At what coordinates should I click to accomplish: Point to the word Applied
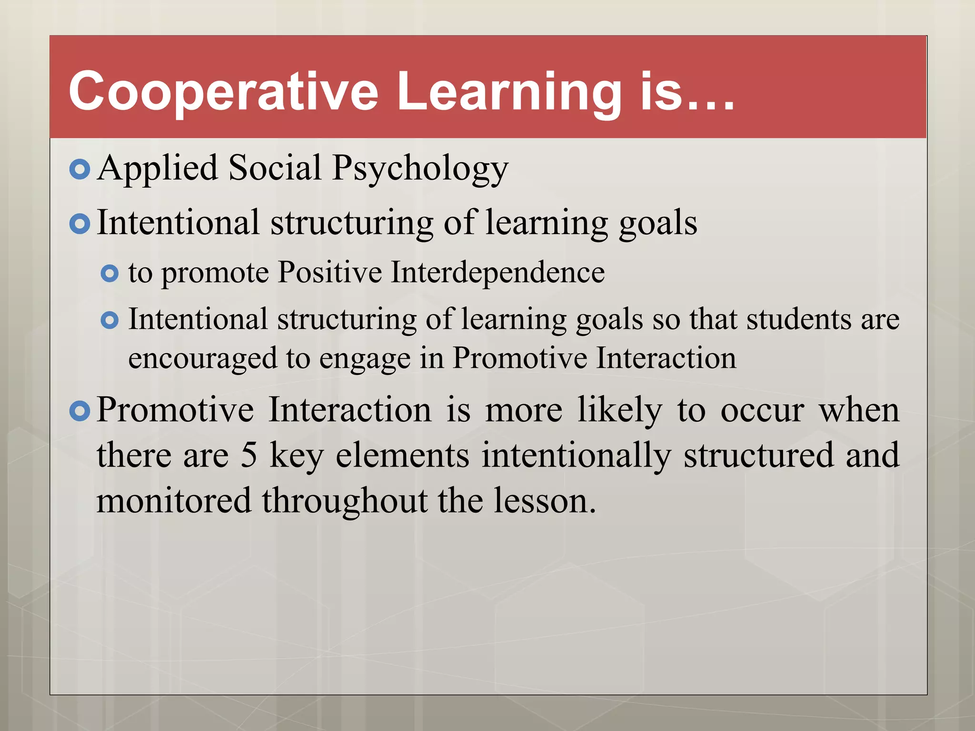click(157, 169)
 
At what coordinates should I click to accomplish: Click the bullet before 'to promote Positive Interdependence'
click(110, 274)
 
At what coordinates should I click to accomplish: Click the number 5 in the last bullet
click(249, 455)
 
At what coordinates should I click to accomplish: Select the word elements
click(402, 455)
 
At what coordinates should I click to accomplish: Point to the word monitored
click(174, 501)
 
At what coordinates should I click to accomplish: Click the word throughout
click(345, 501)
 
